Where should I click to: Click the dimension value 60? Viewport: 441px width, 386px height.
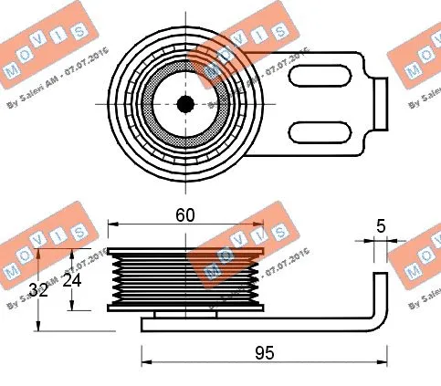click(x=185, y=216)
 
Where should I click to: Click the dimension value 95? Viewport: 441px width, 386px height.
click(x=264, y=351)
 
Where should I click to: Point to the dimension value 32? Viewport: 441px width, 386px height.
click(x=38, y=290)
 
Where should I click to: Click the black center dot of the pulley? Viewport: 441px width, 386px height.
click(x=185, y=104)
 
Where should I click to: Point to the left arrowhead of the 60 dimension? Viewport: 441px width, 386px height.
click(x=112, y=224)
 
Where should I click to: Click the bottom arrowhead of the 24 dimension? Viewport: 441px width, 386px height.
click(x=74, y=306)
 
